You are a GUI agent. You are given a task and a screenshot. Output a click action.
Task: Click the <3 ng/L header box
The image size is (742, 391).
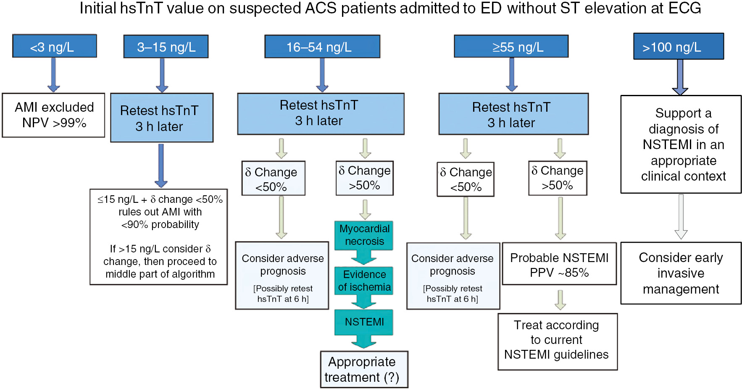55,46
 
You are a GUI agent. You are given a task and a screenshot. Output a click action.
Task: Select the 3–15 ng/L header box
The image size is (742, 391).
166,47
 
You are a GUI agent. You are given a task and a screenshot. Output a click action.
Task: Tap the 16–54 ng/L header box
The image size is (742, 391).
322,47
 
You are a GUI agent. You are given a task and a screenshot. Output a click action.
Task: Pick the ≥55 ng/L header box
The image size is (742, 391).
511,47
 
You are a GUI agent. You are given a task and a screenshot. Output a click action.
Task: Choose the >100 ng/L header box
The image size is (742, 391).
678,47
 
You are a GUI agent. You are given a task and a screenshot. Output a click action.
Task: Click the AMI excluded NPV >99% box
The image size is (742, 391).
53,115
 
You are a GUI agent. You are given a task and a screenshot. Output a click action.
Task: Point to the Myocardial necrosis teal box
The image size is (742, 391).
364,235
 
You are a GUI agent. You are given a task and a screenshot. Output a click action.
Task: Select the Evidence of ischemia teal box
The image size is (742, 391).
364,281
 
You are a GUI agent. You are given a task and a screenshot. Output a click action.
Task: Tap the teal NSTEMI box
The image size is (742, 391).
364,322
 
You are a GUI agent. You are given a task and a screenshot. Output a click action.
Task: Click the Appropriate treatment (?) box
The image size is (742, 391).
364,369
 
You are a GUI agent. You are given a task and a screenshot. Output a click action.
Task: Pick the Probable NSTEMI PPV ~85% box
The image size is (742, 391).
559,264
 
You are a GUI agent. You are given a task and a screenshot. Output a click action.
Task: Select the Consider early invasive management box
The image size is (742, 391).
681,273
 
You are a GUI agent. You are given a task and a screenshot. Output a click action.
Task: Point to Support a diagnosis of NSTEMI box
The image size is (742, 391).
681,144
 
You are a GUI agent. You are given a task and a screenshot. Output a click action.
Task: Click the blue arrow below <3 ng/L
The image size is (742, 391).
53,75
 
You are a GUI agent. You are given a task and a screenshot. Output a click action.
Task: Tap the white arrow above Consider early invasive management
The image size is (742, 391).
681,217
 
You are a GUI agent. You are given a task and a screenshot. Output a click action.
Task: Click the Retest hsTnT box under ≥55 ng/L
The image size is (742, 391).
513,114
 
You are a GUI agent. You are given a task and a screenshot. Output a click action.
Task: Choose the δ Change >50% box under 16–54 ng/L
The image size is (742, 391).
364,178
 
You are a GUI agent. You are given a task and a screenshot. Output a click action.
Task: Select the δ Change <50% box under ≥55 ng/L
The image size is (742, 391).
466,179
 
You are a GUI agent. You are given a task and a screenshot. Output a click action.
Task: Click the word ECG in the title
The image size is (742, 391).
684,8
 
